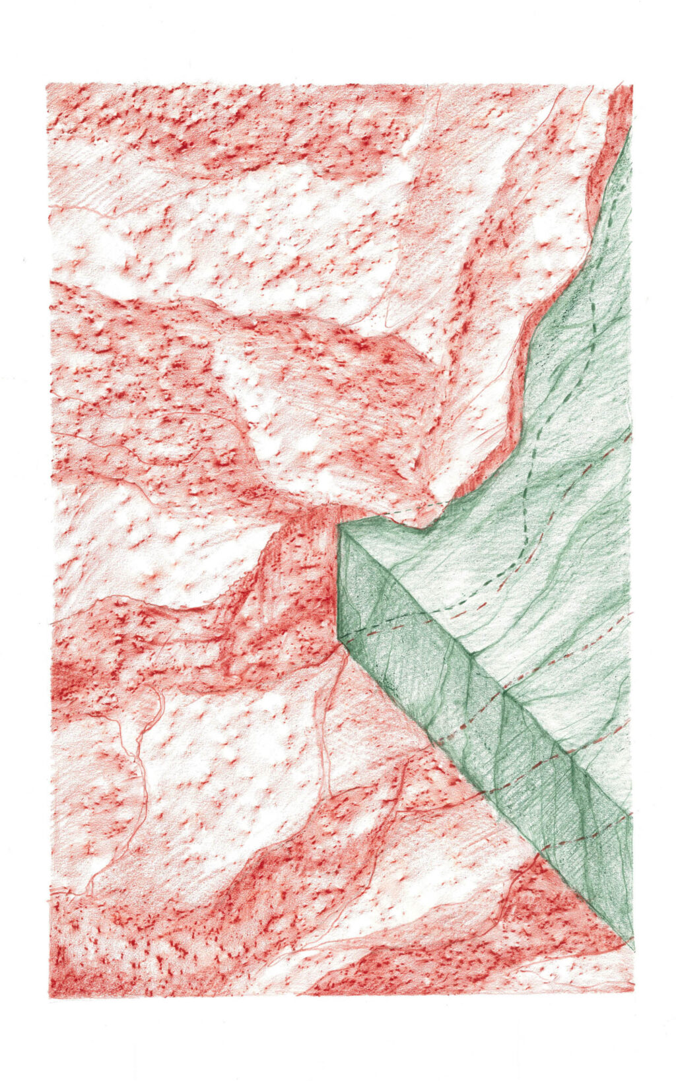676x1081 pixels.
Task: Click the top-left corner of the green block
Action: pos(339,525)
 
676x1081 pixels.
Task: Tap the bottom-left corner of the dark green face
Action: pos(339,639)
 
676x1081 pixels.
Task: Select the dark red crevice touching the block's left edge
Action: pos(327,561)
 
